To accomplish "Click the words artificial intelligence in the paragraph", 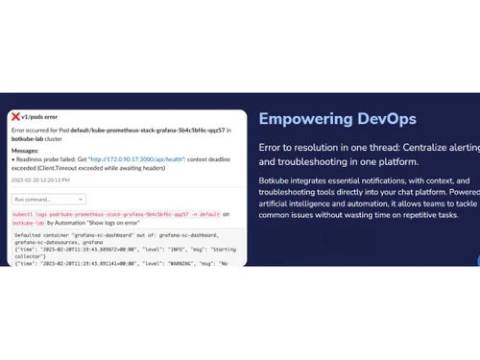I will (x=305, y=206).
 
